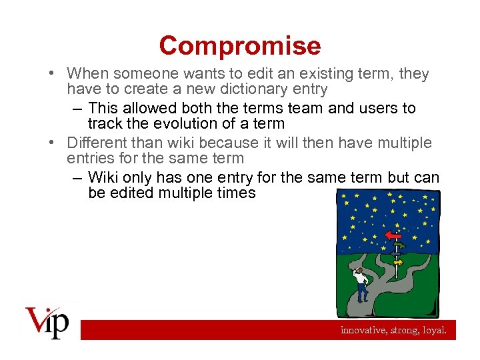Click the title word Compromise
(x=240, y=45)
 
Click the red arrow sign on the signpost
(x=393, y=235)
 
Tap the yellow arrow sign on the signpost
(x=398, y=263)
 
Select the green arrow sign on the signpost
(x=399, y=246)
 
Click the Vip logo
(x=47, y=323)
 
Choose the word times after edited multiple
(x=234, y=193)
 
